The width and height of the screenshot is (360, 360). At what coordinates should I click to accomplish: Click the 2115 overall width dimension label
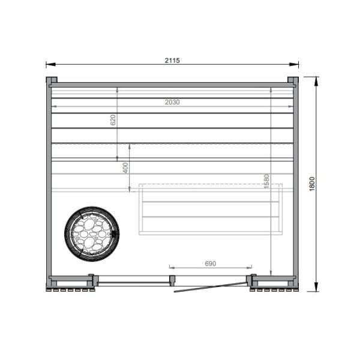tap(172, 61)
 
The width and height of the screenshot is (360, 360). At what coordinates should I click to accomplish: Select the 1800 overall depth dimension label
tap(312, 184)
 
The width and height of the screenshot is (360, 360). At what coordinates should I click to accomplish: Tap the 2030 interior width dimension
tap(172, 102)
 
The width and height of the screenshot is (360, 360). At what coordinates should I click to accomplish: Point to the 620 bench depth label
tap(113, 120)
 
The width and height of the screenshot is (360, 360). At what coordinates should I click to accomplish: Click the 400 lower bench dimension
tap(125, 168)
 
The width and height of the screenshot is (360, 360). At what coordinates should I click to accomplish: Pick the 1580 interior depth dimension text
tap(266, 181)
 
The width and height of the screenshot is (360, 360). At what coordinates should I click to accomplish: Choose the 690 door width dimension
tap(211, 263)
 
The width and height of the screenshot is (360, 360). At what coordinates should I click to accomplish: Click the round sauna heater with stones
tap(92, 234)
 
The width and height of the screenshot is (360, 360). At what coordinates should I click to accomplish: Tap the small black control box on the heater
tap(113, 235)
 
